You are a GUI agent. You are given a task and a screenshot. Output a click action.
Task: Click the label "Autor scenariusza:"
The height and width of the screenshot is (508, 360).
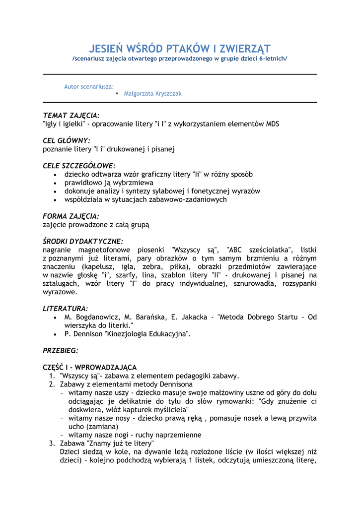pos(89,86)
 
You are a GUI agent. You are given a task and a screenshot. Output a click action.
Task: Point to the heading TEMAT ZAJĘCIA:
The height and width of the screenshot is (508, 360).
pos(71,116)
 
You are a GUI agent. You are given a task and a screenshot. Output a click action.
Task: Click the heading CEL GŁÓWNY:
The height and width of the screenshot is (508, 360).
pos(67,140)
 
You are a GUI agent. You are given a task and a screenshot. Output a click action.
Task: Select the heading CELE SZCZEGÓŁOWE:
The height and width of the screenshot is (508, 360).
pos(79,166)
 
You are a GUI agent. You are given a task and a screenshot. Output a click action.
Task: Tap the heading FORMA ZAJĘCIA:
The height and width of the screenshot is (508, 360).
pos(71,216)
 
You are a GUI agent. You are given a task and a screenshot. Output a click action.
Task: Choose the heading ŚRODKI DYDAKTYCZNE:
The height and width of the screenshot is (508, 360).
pos(82,241)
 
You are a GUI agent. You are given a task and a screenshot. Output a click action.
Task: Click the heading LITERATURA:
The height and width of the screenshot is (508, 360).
pos(66,308)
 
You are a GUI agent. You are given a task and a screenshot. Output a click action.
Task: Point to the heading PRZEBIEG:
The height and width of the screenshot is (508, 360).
pos(61,350)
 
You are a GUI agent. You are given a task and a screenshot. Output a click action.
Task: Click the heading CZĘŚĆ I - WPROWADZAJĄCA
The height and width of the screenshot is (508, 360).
pos(90,367)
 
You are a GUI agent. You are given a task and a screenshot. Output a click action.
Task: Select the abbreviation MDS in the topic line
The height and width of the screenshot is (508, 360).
pos(273,124)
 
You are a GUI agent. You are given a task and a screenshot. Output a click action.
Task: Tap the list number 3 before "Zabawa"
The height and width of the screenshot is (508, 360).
pos(52,443)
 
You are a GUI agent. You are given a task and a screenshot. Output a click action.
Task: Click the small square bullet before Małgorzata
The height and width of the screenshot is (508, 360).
pos(117,93)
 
